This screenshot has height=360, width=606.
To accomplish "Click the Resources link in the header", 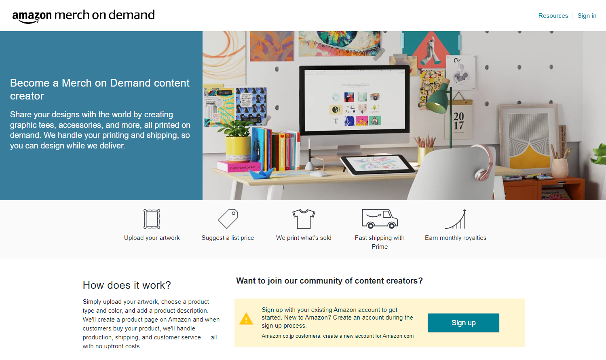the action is (553, 16).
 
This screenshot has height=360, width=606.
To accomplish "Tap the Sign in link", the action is (587, 16).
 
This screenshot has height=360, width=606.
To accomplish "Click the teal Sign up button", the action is (463, 323).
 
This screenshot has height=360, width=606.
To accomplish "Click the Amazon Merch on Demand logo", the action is (83, 16).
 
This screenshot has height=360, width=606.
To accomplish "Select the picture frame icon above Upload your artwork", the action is (152, 219).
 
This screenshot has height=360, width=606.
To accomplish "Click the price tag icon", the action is (228, 219).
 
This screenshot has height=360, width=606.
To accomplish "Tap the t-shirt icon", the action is (304, 219).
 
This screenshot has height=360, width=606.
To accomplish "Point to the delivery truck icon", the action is (380, 219).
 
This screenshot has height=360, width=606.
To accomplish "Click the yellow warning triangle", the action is (246, 319).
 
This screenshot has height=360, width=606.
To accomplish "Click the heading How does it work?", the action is (127, 285).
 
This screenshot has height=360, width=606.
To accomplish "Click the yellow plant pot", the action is (238, 148).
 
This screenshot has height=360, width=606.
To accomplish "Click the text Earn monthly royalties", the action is (456, 238).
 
